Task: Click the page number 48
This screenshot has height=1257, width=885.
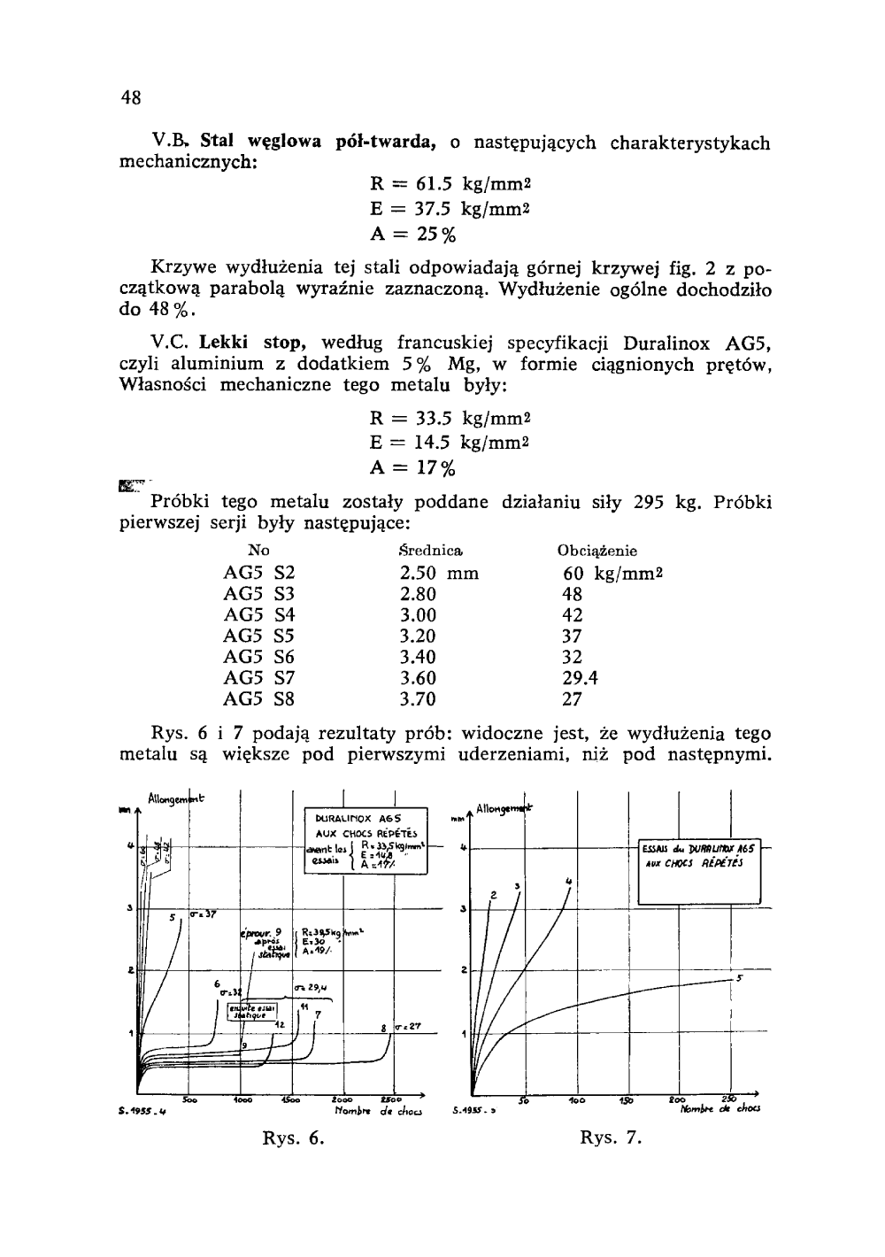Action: click(x=131, y=97)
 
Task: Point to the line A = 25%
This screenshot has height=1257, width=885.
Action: click(x=412, y=235)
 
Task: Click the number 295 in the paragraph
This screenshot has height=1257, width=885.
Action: click(x=651, y=503)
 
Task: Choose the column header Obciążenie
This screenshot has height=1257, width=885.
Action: click(x=597, y=551)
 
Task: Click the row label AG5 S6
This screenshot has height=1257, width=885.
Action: click(x=259, y=657)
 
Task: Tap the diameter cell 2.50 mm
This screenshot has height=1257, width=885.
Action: click(x=438, y=573)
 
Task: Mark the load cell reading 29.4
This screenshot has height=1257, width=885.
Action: click(x=581, y=678)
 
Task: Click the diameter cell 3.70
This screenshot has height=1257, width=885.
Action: click(x=418, y=699)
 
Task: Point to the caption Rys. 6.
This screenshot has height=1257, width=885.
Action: click(x=294, y=1137)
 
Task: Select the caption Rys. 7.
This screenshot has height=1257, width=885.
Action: click(x=610, y=1137)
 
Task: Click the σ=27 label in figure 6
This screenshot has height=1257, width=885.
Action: click(x=409, y=1027)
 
